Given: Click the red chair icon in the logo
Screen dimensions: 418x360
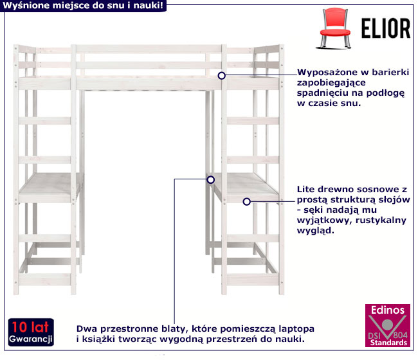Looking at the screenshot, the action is (335, 28).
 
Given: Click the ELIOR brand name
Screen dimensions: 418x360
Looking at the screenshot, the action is (386, 28).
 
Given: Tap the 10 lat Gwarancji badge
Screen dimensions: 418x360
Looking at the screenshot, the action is (31, 332).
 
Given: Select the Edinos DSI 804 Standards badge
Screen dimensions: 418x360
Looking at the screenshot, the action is (388, 326).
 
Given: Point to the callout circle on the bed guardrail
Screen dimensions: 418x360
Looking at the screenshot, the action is (221, 76).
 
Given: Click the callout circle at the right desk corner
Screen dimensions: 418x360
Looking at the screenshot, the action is (210, 180).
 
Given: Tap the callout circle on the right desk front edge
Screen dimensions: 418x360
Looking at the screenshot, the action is (246, 202).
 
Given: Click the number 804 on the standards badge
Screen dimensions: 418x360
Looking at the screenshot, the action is (400, 335).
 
